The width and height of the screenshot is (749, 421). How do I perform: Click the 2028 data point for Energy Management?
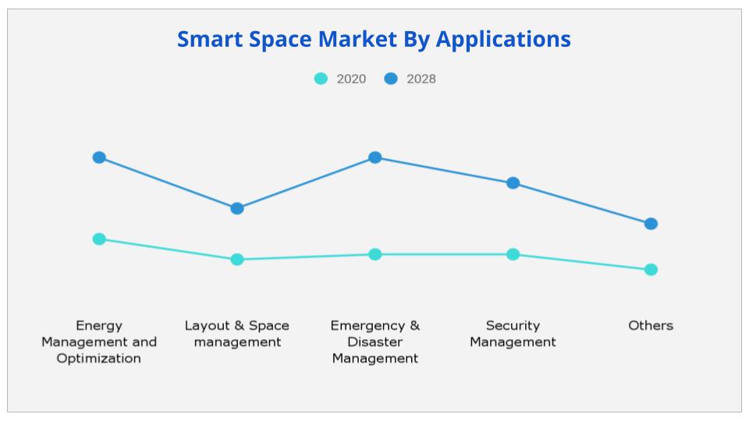coord(99,157)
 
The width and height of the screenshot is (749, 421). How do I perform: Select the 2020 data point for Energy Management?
coord(99,239)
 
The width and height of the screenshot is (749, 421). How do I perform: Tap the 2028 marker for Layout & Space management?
coord(237,208)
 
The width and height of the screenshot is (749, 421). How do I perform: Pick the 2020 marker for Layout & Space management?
coord(237,260)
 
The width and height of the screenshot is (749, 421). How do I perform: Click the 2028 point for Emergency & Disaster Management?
coord(375,157)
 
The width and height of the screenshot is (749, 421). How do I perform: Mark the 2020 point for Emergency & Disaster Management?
coord(375,254)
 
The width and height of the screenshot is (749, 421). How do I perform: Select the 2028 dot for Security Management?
coord(513,183)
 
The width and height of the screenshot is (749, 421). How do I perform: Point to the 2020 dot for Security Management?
coord(513,254)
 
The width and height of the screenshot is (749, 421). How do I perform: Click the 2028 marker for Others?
coord(651,224)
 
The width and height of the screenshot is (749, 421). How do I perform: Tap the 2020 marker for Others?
coord(651,270)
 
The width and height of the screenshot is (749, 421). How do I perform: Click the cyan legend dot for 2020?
coord(321,79)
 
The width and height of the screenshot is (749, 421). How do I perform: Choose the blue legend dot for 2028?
coord(391,79)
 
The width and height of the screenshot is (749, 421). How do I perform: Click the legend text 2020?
coord(351,79)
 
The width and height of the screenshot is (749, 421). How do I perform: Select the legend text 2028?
coord(421,79)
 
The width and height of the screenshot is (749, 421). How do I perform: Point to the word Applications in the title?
coord(503,39)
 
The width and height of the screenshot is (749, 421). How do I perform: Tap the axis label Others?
coord(651,326)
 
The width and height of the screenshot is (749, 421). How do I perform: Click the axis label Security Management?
coord(513,334)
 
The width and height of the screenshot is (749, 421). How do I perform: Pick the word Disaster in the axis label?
coord(375,342)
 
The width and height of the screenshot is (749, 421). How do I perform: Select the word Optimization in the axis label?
coord(99,359)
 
